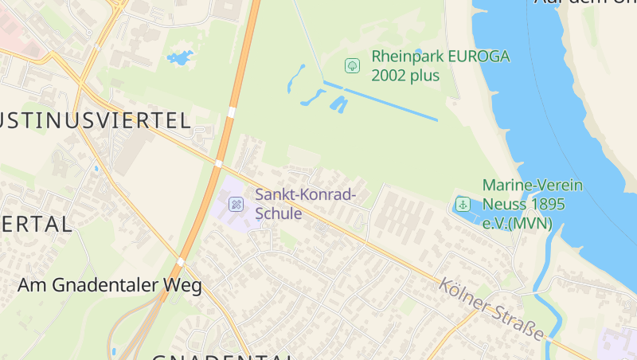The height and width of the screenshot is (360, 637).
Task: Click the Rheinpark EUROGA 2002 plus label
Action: click(440, 66)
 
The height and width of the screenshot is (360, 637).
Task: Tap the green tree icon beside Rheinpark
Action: click(351, 65)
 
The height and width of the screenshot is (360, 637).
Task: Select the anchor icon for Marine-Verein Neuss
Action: click(463, 204)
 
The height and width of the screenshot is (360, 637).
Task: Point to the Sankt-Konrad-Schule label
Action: click(305, 204)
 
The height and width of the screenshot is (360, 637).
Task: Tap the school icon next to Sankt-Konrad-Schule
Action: click(236, 205)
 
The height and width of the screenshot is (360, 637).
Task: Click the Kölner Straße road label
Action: click(492, 307)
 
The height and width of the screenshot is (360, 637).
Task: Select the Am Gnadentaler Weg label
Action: click(110, 285)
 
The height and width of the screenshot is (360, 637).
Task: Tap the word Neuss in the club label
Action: click(505, 204)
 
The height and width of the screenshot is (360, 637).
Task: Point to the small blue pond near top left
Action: click(179, 58)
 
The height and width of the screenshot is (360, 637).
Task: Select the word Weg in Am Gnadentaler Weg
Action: click(184, 285)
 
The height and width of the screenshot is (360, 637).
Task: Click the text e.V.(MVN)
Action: click(518, 223)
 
